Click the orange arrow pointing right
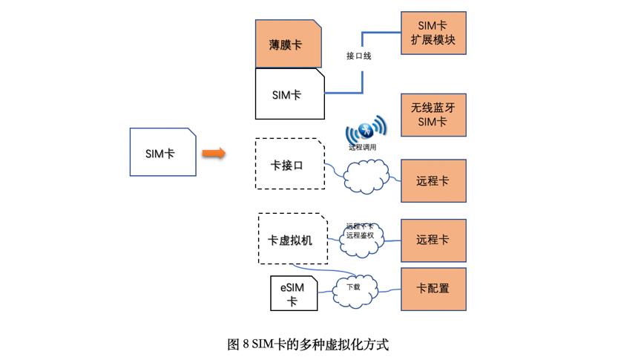click(x=214, y=152)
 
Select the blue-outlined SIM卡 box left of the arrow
click(x=163, y=151)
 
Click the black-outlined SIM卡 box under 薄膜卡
click(x=289, y=94)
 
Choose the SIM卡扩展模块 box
click(x=433, y=33)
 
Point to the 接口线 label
click(x=359, y=56)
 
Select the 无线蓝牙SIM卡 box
click(x=433, y=115)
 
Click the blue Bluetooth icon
click(x=365, y=131)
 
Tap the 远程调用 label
click(x=363, y=147)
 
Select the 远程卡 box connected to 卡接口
click(x=433, y=180)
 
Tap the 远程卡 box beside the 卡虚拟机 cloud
click(x=433, y=240)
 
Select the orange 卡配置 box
click(x=433, y=288)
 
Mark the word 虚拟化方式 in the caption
click(x=359, y=344)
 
